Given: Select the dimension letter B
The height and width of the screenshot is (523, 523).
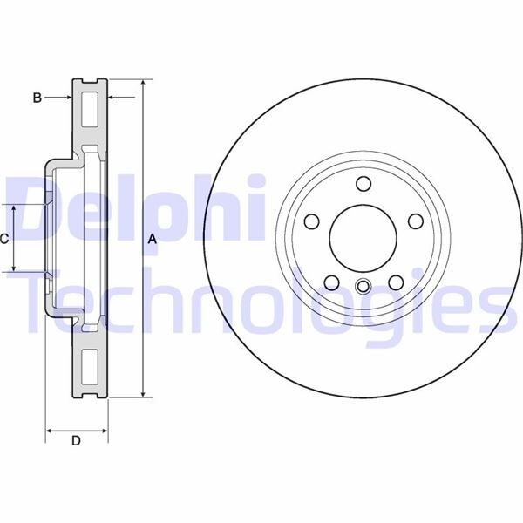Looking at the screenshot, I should pyautogui.click(x=37, y=98).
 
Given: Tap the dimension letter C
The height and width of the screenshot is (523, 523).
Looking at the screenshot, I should pyautogui.click(x=4, y=238).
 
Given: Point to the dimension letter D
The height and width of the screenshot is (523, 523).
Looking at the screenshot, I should pyautogui.click(x=76, y=441).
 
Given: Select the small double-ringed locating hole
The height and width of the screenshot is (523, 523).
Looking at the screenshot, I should pyautogui.click(x=363, y=287).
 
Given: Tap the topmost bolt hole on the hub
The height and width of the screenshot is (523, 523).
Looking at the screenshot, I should pyautogui.click(x=363, y=182).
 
